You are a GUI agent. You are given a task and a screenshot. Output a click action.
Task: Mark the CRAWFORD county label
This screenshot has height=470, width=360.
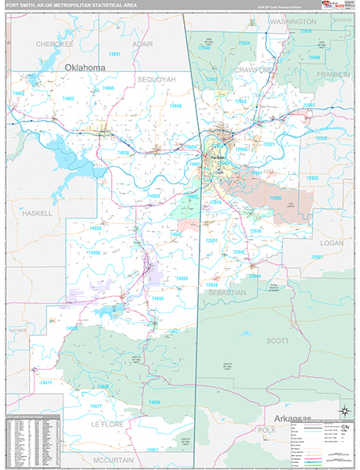pos(253,70)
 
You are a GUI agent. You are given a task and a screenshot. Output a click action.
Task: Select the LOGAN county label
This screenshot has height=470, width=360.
pos(332,244)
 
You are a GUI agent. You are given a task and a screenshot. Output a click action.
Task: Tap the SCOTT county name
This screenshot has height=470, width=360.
pos(277,341)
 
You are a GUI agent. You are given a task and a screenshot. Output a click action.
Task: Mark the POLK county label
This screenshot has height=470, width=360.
pos(267,430)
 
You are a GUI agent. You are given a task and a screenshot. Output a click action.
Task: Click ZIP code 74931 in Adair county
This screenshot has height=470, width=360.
pos(115,54)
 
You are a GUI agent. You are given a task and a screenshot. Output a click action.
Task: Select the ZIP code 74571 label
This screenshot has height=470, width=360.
pos(49,382)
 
